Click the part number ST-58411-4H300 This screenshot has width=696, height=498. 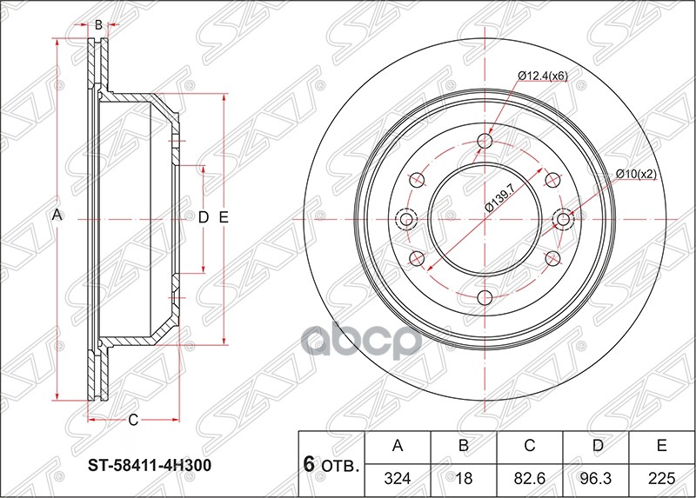150,465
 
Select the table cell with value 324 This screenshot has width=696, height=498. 398,477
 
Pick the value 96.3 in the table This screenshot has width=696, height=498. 597,477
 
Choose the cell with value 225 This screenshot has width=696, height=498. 662,477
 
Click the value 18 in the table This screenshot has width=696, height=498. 465,477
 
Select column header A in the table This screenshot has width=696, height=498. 398,447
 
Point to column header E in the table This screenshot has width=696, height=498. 662,447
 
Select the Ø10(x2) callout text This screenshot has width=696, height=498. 636,174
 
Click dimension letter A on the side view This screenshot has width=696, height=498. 58,215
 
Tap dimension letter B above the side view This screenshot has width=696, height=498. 99,25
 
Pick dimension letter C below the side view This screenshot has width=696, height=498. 133,421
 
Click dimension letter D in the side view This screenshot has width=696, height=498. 203,217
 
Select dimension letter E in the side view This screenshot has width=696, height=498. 224,217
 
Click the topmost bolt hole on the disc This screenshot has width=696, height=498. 485,141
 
